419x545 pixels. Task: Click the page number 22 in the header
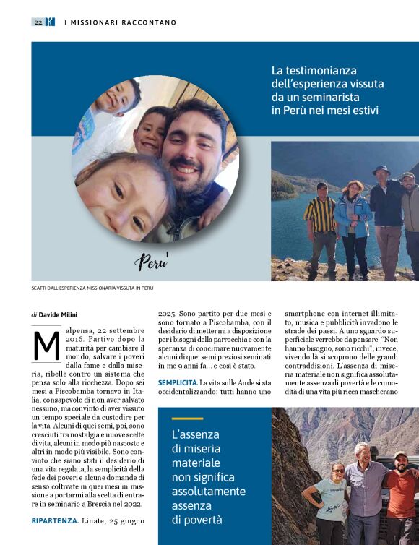(38, 22)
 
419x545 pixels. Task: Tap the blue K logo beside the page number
(49, 22)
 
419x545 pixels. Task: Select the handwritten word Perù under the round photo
(152, 261)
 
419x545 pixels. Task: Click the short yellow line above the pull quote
(187, 419)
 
